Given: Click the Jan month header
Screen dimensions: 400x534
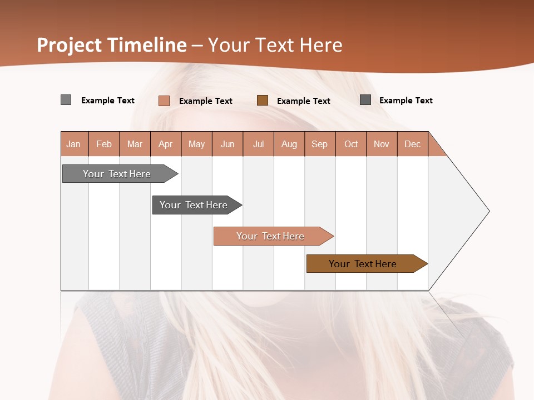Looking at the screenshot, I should (73, 144).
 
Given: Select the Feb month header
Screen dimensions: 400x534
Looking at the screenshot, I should (104, 144).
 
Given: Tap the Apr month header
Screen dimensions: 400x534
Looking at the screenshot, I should (165, 144).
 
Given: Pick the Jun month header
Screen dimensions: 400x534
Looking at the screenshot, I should (228, 144).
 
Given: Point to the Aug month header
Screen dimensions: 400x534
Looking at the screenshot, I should (289, 144).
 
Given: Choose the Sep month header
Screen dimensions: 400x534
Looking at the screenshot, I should (319, 144).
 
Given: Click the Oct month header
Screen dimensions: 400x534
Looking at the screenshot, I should (351, 144).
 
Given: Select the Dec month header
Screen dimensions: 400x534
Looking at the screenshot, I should (412, 144).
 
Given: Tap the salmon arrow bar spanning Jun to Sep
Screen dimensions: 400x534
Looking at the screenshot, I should (271, 236).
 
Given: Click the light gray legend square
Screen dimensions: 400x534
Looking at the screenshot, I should (66, 100).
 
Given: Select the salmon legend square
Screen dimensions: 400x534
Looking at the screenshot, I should (164, 101).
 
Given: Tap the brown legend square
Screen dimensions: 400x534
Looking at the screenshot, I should (263, 100).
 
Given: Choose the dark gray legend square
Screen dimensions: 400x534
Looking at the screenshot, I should (365, 100).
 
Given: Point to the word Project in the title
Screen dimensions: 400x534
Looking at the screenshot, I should (70, 45).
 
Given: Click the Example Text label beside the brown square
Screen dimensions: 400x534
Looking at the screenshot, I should (303, 101).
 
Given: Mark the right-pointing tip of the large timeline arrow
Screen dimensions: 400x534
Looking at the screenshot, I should (488, 211).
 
